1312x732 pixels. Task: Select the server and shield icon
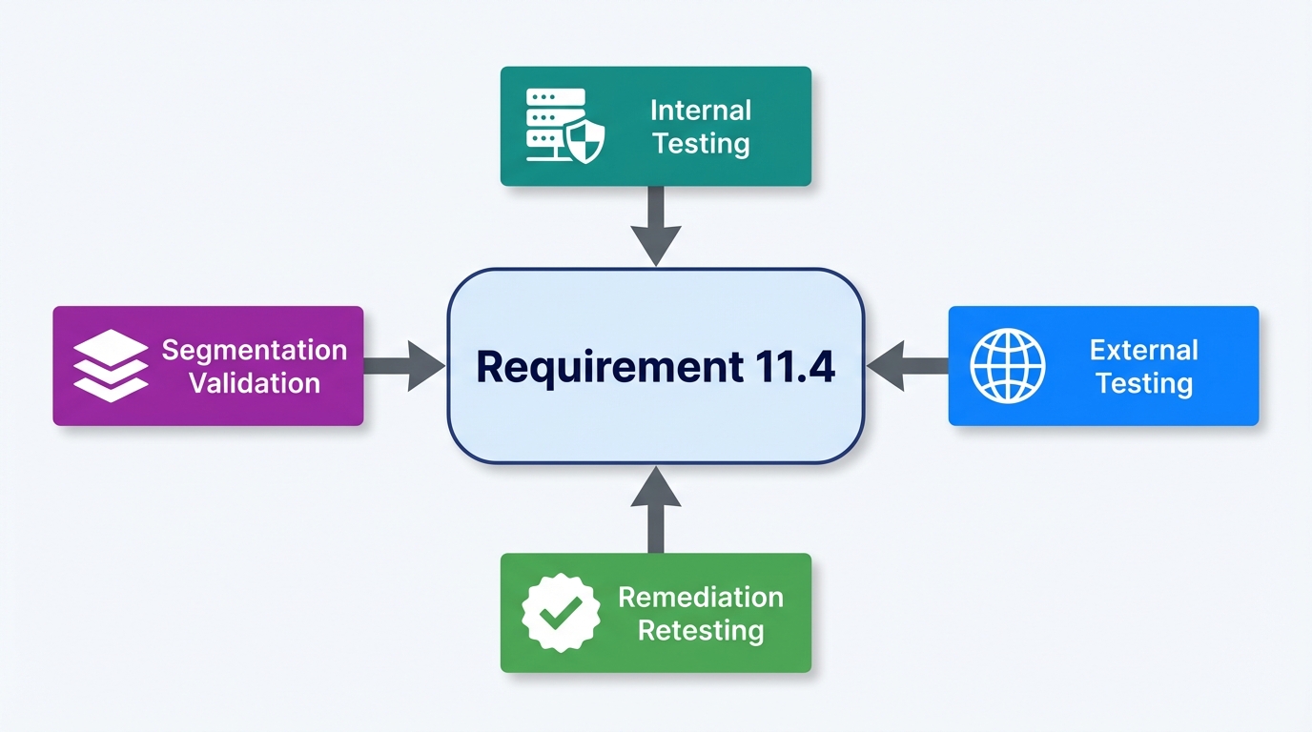click(565, 126)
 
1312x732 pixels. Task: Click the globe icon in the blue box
click(1007, 366)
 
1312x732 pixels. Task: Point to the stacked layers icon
click(111, 366)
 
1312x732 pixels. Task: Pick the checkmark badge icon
click(561, 613)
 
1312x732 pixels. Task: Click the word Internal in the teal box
click(701, 110)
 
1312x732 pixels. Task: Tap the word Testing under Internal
click(701, 144)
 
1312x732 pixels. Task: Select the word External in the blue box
click(1143, 350)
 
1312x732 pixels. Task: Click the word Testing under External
click(1143, 384)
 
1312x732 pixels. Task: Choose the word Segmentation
click(254, 350)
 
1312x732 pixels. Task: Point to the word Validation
click(254, 384)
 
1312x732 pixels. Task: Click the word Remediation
click(701, 598)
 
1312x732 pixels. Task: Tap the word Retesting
click(701, 631)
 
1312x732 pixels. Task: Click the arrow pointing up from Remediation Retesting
click(656, 509)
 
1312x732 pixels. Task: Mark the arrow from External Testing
click(907, 366)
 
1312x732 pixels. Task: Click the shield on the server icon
click(584, 142)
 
